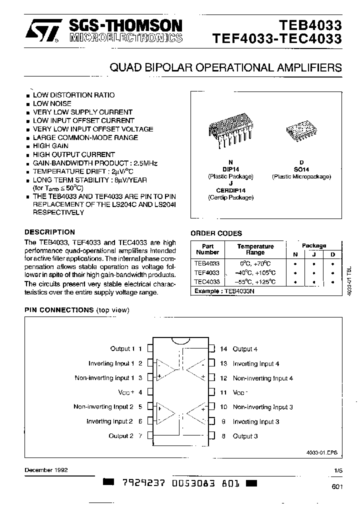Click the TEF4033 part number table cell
point(207,272)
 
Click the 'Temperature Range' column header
point(255,249)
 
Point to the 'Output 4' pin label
point(245,349)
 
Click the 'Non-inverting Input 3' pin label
point(262,407)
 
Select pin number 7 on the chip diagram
point(140,436)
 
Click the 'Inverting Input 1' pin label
point(111,363)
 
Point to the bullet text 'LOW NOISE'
point(52,103)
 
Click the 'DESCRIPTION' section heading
point(50,232)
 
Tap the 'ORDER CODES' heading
point(216,233)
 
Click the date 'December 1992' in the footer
point(46,470)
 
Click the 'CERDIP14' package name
point(230,190)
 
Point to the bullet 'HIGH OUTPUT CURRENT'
point(73,154)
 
